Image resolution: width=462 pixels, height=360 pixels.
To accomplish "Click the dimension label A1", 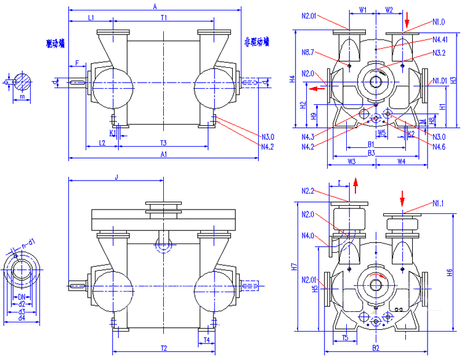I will [x=163, y=153].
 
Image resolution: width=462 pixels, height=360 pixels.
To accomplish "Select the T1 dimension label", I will [x=163, y=18].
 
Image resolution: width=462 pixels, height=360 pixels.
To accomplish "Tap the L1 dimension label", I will [x=91, y=18].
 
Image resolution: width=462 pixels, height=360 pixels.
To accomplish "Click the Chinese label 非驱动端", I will [x=256, y=43].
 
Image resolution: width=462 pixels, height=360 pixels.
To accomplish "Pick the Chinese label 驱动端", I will [x=55, y=44].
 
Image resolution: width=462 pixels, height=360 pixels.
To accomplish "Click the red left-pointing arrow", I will [x=317, y=89].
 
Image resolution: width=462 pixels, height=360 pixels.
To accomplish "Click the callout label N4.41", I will [x=440, y=39].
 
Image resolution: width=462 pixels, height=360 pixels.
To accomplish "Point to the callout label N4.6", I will [x=439, y=146].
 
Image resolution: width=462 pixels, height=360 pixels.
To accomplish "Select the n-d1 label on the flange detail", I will [x=28, y=245].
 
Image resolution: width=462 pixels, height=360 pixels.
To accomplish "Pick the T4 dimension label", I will [x=207, y=340].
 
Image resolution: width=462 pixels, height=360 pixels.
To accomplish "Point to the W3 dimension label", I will [x=352, y=161].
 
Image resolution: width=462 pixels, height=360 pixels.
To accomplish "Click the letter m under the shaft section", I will [x=22, y=97].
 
